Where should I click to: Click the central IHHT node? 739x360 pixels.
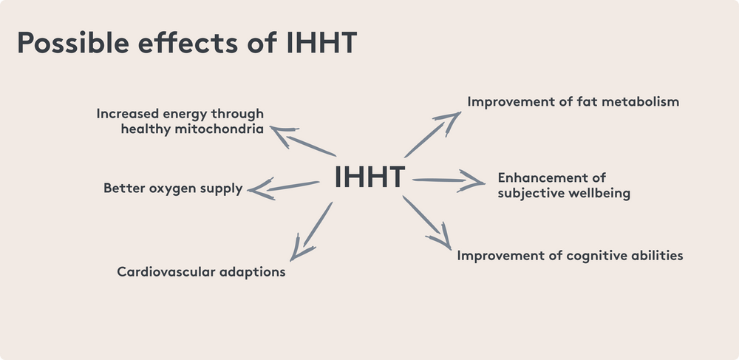pos(369,177)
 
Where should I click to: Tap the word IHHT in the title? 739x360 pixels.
pos(322,44)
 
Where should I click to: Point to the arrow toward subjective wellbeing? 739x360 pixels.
pos(448,180)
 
